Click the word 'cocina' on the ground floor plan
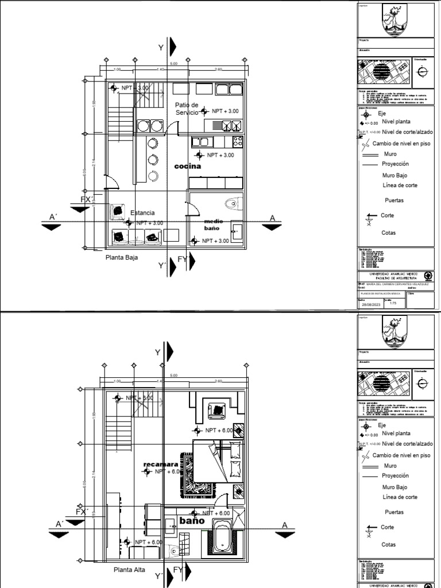tap(188, 166)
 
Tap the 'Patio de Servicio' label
tap(187, 109)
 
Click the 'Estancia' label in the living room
tap(142, 213)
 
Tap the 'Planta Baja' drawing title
tap(121, 258)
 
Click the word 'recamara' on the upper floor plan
tap(157, 463)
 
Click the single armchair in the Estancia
tap(117, 211)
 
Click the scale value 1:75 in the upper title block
tap(393, 304)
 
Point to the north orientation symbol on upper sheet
tap(423, 71)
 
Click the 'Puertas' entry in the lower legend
tap(394, 512)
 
